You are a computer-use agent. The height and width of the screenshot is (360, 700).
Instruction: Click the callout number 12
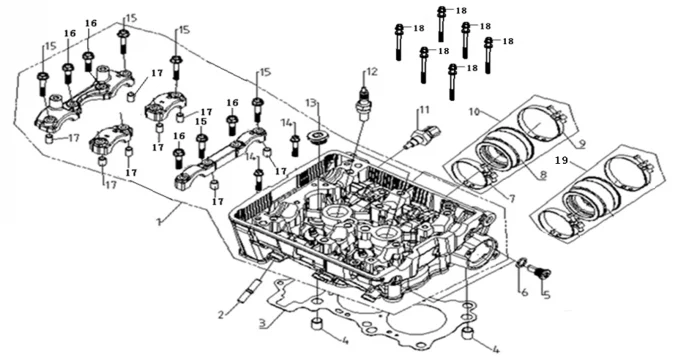[371, 71]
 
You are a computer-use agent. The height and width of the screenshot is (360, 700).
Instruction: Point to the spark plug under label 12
[364, 104]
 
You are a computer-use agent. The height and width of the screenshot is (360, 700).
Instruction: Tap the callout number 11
[424, 109]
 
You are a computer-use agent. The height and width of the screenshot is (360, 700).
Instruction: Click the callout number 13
[312, 103]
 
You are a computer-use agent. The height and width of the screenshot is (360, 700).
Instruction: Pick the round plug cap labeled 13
[318, 137]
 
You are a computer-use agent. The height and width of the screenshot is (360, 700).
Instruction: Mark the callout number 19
[561, 160]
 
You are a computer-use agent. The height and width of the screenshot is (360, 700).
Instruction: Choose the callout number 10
[474, 112]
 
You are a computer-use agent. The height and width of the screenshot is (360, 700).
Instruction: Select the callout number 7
[511, 198]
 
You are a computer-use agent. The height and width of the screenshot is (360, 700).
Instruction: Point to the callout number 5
[546, 294]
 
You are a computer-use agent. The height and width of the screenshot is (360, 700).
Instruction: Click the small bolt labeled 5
[538, 271]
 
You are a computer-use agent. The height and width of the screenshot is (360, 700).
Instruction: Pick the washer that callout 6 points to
[521, 263]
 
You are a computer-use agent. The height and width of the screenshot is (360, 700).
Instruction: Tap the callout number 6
[524, 292]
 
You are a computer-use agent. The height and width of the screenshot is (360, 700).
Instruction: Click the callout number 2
[221, 315]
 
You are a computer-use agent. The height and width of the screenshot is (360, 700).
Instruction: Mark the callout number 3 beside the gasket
[263, 323]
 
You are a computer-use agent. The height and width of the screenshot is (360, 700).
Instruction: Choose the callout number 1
[159, 222]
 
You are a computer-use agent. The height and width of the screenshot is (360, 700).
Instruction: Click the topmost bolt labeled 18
[442, 23]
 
